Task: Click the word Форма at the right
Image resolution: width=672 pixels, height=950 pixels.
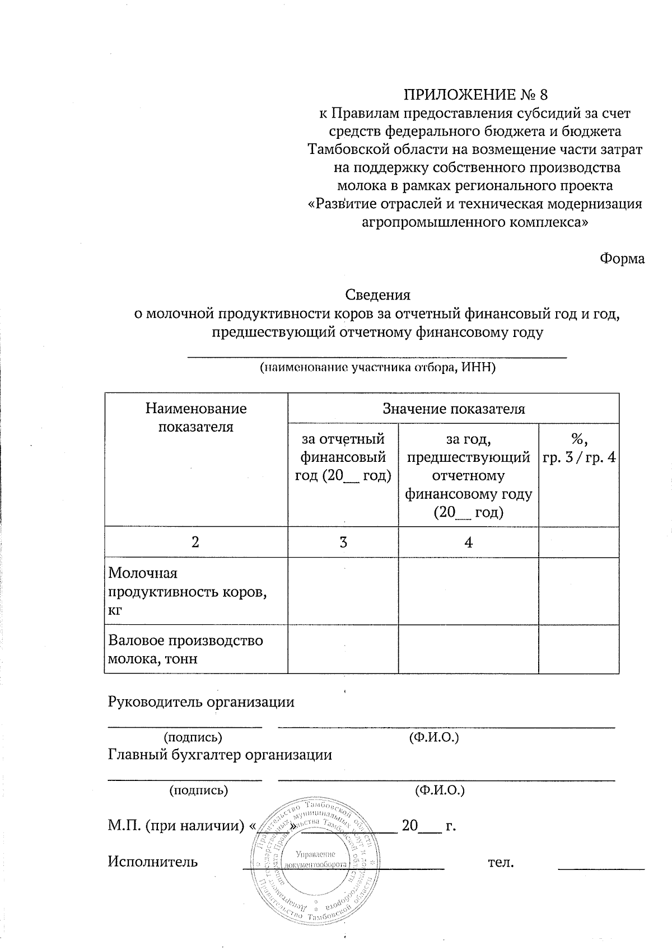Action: pos(622,259)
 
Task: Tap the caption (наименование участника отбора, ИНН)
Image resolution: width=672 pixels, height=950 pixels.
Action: pos(377,368)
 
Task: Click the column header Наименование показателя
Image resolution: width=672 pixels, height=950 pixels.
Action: pos(195,418)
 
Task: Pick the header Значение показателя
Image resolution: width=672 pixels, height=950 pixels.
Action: pos(453,409)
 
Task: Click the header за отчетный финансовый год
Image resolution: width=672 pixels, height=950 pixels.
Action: pos(343,457)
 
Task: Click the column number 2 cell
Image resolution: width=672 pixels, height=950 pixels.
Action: pos(195,542)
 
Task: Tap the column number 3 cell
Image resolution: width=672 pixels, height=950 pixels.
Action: pos(343,542)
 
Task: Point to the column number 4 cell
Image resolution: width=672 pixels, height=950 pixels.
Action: pos(468,542)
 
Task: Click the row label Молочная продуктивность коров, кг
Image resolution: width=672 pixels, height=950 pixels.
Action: pos(188,591)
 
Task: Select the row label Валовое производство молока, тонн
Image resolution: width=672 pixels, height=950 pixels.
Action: pos(185,649)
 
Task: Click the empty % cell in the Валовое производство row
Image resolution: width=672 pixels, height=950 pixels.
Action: pos(578,649)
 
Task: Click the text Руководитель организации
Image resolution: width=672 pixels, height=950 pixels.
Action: pos(201,702)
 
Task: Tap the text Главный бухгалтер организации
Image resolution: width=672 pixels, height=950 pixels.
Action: pos(220,755)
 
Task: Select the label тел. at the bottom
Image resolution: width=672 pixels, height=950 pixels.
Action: pos(501,862)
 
